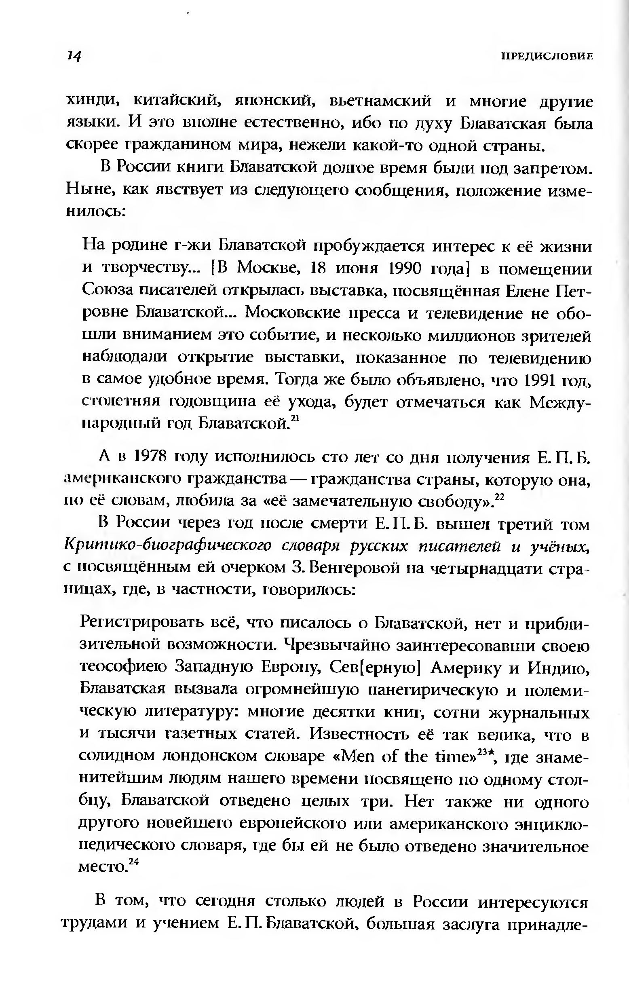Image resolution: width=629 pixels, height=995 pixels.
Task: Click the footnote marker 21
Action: (x=295, y=418)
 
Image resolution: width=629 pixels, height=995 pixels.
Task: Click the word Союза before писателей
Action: (x=106, y=291)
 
